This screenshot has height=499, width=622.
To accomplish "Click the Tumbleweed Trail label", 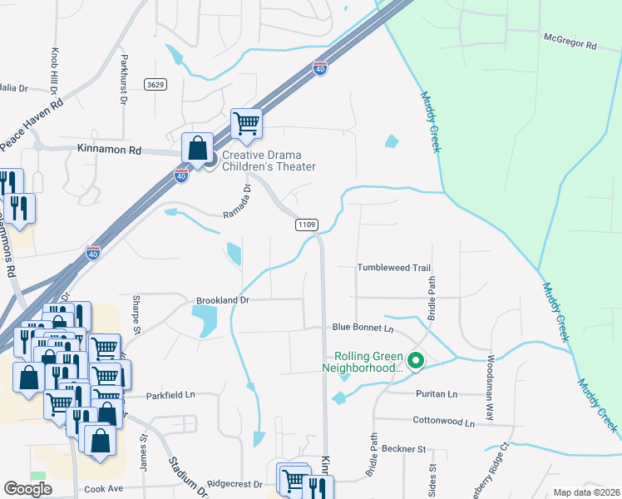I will point(393,268).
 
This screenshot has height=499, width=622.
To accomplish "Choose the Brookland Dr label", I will point(223,299).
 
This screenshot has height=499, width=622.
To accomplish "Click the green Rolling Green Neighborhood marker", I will point(417,361).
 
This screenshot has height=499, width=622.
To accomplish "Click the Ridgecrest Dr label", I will point(234,483).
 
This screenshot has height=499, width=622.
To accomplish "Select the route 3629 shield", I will point(153,85).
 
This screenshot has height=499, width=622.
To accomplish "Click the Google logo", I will point(27,489).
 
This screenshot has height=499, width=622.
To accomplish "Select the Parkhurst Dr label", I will point(123,80).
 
